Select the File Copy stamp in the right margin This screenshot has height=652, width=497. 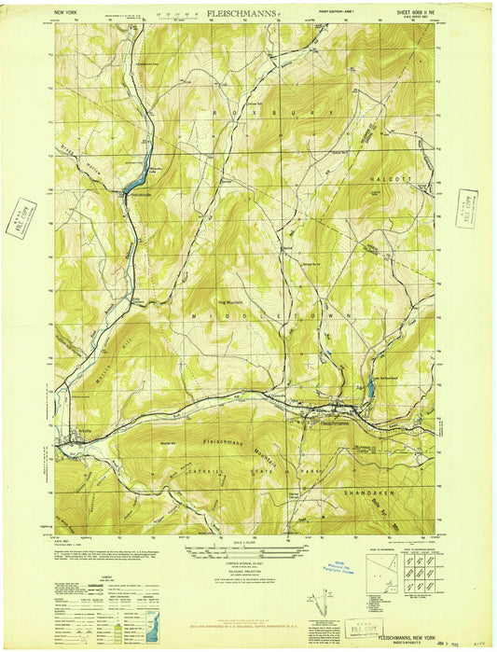(467, 207)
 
